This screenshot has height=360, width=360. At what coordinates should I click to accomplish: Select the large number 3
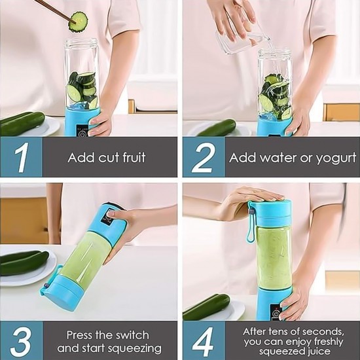point(22,340)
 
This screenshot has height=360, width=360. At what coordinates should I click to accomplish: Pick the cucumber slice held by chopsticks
point(79,19)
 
